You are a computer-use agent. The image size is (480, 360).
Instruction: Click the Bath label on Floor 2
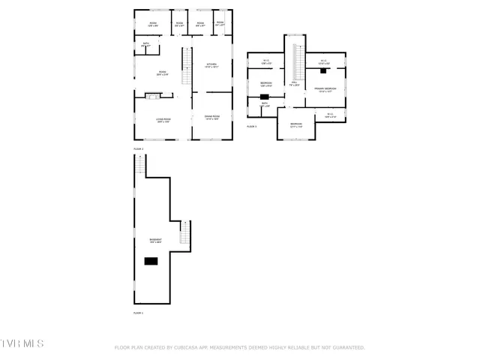146,46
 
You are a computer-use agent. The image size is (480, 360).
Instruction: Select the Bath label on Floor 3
265,104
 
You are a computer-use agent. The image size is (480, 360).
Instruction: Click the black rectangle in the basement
152,260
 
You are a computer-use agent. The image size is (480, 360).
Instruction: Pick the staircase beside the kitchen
188,62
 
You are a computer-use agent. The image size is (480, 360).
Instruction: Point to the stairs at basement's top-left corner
139,170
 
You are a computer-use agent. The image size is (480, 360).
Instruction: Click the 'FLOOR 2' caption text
139,149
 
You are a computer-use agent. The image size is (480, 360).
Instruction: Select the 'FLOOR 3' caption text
252,127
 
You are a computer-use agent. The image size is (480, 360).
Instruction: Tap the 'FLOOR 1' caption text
139,312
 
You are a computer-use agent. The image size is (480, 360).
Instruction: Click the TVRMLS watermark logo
22,343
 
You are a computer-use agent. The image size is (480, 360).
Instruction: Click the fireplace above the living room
153,96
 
